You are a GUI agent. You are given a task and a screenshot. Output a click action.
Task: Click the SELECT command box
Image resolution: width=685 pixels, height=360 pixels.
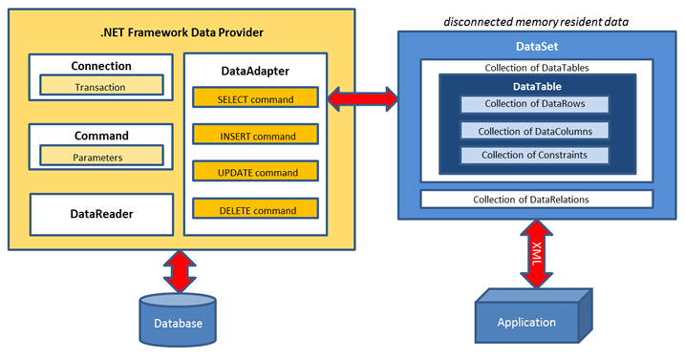point(254,98)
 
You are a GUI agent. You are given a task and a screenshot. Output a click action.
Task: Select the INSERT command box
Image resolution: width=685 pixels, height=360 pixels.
point(254,136)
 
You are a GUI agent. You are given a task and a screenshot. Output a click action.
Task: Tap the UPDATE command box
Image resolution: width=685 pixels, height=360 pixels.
point(254,173)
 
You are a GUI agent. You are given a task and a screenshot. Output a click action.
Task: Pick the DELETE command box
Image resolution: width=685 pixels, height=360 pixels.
point(254,210)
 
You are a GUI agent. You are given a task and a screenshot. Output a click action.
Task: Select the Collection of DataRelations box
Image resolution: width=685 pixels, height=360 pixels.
point(536,200)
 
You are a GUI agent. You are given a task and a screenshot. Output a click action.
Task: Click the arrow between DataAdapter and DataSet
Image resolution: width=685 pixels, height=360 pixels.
point(362,97)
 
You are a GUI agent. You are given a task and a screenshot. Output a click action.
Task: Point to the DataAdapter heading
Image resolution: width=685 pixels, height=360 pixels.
point(254,70)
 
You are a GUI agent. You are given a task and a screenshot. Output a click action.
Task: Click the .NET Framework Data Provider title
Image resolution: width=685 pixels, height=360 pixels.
point(182,32)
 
